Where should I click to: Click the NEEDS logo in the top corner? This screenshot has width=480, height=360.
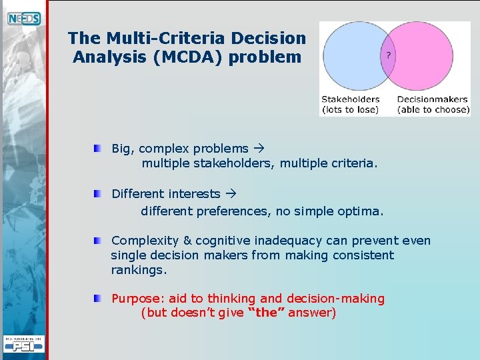pyautogui.click(x=24, y=19)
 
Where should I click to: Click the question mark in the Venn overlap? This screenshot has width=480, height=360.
pyautogui.click(x=389, y=55)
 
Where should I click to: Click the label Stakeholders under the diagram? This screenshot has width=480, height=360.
pyautogui.click(x=350, y=99)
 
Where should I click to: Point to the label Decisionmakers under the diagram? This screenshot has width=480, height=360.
pyautogui.click(x=432, y=99)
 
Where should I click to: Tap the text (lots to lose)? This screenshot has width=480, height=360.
pyautogui.click(x=350, y=109)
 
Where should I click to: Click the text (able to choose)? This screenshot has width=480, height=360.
pyautogui.click(x=433, y=109)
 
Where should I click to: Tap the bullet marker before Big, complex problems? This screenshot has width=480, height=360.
pyautogui.click(x=98, y=148)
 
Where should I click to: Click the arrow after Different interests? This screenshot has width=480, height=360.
pyautogui.click(x=231, y=194)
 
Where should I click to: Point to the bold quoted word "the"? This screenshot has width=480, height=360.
pyautogui.click(x=266, y=313)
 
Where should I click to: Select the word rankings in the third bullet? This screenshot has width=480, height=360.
pyautogui.click(x=139, y=270)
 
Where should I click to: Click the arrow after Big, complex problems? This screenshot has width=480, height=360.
pyautogui.click(x=259, y=149)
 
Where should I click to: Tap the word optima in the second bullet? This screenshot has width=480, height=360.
pyautogui.click(x=363, y=211)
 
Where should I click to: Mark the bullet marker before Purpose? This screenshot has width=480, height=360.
pyautogui.click(x=98, y=298)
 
